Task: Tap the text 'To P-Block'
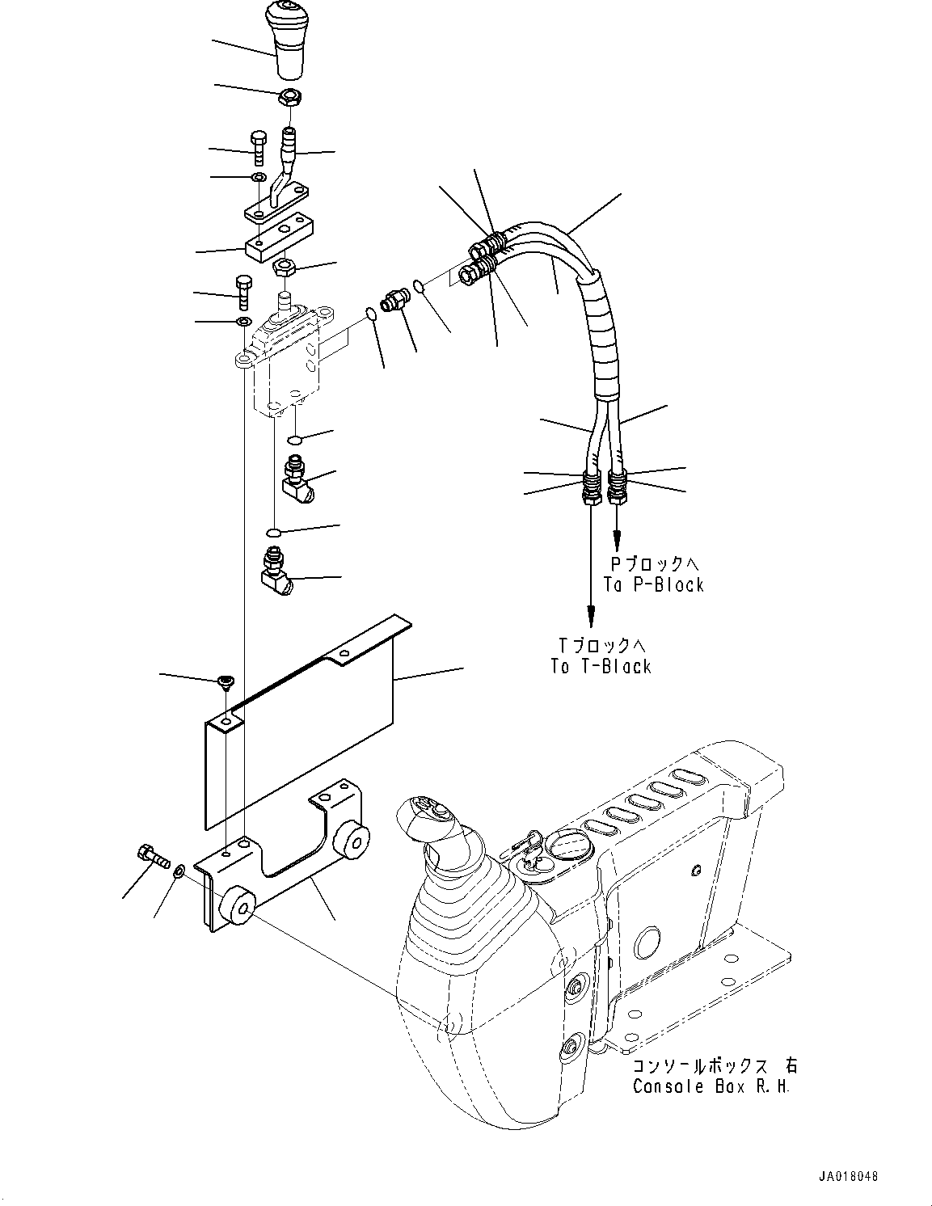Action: click(x=653, y=584)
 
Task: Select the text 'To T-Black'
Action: click(x=601, y=666)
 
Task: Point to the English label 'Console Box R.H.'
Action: click(x=711, y=1086)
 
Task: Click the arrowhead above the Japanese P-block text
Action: click(x=618, y=538)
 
